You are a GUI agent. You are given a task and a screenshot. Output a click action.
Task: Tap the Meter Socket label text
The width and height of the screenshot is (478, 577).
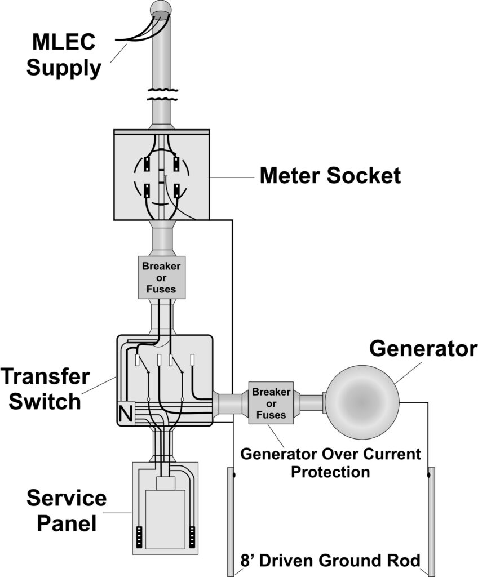[x=330, y=176]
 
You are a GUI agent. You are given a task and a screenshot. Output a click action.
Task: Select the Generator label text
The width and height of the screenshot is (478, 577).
[x=423, y=349]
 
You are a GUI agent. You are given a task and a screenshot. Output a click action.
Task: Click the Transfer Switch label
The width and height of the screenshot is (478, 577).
[x=45, y=389]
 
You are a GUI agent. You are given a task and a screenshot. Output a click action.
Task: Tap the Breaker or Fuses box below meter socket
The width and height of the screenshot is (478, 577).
[x=161, y=277]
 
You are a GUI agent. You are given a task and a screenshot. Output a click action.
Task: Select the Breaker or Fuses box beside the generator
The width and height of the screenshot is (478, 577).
[x=272, y=402]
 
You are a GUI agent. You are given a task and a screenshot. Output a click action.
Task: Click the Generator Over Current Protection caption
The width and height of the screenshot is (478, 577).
[x=330, y=463]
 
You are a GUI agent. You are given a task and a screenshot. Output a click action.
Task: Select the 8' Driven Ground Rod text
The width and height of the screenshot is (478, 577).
[x=330, y=561]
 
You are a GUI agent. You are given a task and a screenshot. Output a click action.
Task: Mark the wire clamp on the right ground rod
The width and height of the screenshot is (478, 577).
[x=430, y=475]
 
